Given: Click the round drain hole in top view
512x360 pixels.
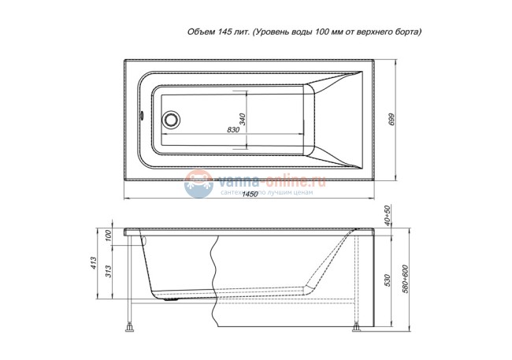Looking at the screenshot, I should click(169, 120).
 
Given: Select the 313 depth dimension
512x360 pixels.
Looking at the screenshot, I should click(109, 270).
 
